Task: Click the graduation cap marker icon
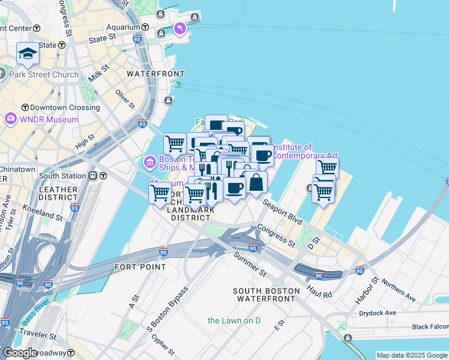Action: coord(28,54)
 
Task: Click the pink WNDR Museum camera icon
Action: coord(10,118)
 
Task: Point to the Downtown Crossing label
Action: coord(65,107)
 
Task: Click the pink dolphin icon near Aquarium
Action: coord(179,29)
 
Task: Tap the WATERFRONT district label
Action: coord(155,74)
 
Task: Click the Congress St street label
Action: coord(277,235)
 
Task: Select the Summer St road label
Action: coord(250,263)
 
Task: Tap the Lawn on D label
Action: coord(234,320)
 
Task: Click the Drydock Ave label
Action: coord(378,313)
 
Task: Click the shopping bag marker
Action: coord(256,182)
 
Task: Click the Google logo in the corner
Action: coord(20,353)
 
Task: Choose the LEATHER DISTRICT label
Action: coord(58,194)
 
